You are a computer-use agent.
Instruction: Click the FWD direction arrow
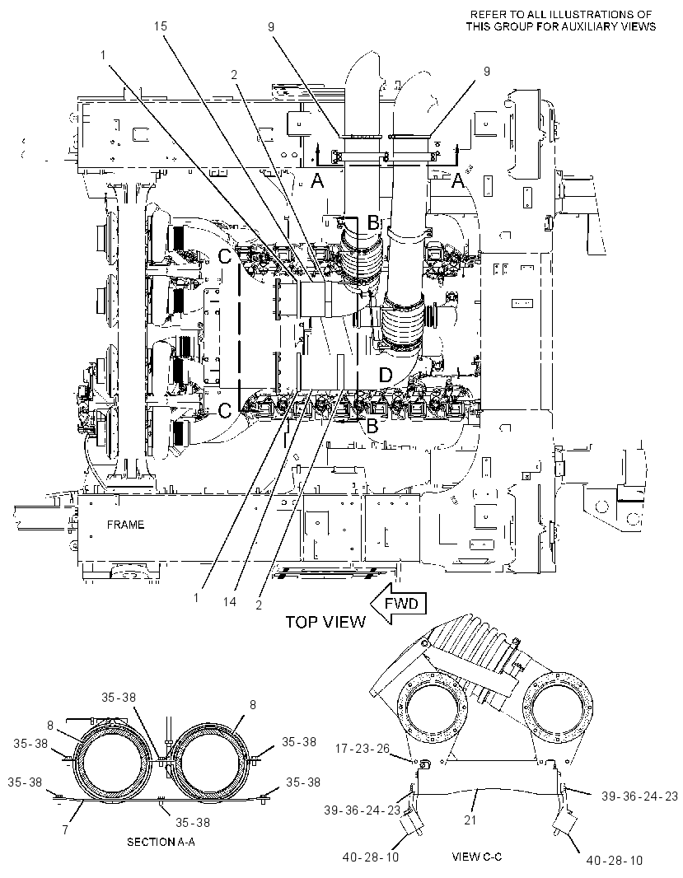click(x=399, y=605)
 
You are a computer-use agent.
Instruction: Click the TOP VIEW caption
click(x=325, y=622)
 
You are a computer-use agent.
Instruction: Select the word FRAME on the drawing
click(x=125, y=525)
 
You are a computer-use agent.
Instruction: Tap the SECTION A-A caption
click(x=161, y=842)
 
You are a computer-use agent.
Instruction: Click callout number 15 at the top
click(x=160, y=26)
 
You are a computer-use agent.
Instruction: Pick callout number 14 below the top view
click(x=229, y=602)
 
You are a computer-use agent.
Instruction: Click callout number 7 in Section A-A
click(x=65, y=830)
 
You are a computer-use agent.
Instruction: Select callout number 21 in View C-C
click(x=470, y=820)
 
